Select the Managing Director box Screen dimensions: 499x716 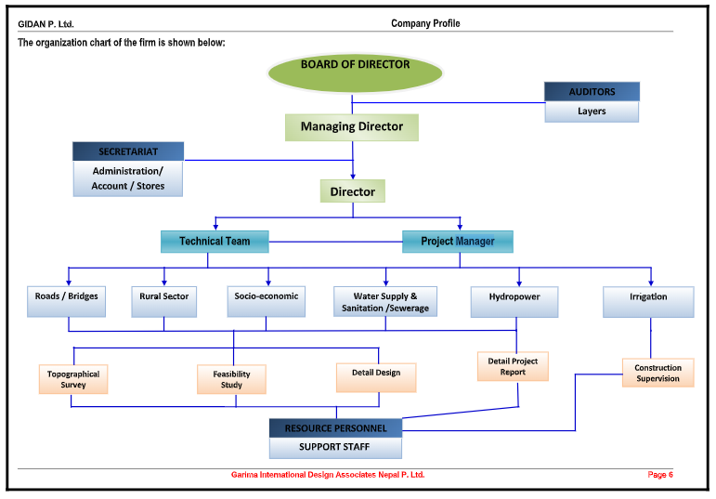(x=352, y=126)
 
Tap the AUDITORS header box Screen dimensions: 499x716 (x=592, y=91)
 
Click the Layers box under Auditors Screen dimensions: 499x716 (x=592, y=112)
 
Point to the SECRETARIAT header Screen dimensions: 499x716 (x=128, y=151)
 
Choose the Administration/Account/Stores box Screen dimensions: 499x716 (x=128, y=178)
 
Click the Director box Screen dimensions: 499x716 (x=353, y=191)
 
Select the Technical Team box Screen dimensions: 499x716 (x=215, y=242)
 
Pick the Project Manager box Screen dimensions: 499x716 (x=457, y=242)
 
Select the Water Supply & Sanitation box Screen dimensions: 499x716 (x=384, y=302)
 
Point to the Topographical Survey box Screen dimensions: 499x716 (x=73, y=379)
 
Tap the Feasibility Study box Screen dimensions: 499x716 (x=231, y=379)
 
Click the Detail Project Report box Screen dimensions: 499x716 (x=513, y=366)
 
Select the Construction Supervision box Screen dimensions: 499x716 (x=657, y=373)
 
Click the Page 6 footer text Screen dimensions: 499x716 (x=660, y=475)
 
